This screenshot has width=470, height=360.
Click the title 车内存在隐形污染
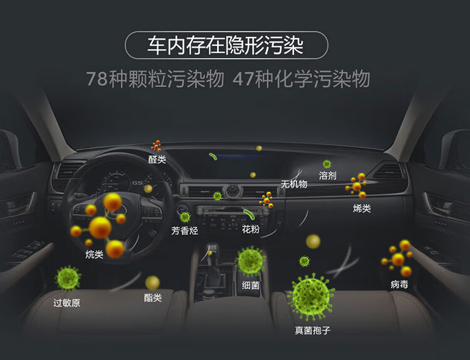coord(226,45)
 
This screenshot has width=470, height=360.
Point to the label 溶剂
coord(328,175)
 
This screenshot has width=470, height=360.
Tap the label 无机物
coord(294,184)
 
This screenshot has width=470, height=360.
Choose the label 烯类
coord(362,208)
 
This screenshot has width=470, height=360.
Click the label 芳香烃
coord(185,230)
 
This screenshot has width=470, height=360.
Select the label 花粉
coord(251,230)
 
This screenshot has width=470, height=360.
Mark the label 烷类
coord(95,254)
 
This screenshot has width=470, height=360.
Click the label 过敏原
coord(66,303)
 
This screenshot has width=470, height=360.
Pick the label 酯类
coord(153,298)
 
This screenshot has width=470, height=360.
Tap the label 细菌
coord(251,285)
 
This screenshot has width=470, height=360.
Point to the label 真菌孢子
coord(311,329)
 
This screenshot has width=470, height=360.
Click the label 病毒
coord(399,284)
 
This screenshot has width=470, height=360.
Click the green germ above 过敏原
coord(67,278)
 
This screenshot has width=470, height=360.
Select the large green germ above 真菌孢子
coord(311,296)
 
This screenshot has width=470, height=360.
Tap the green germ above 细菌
coord(251,260)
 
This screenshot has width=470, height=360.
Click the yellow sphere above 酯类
coord(153,282)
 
